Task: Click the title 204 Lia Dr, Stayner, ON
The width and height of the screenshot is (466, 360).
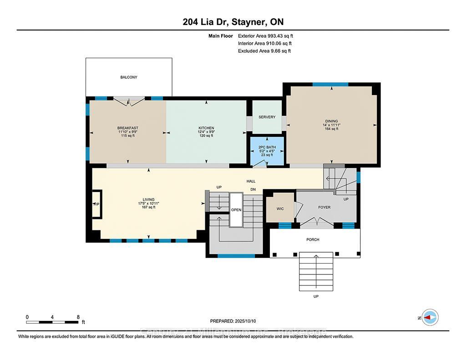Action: click(x=233, y=22)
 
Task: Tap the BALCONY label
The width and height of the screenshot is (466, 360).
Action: click(x=129, y=77)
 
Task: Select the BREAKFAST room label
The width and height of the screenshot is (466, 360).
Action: click(x=127, y=128)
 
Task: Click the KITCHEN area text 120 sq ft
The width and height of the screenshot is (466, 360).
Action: click(x=206, y=136)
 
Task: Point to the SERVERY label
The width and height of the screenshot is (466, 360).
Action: click(x=267, y=117)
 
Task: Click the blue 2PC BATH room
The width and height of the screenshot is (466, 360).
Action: click(x=267, y=151)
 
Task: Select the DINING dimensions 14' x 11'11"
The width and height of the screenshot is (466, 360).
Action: click(x=331, y=125)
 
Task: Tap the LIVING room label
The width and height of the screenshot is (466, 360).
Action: click(x=149, y=199)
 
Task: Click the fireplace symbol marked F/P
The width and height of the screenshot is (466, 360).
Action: click(x=96, y=204)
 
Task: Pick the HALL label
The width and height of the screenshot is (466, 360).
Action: click(x=251, y=181)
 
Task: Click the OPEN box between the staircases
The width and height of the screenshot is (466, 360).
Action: click(x=236, y=210)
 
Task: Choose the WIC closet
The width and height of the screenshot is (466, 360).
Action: click(x=280, y=208)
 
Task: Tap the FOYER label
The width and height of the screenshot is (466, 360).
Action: click(x=324, y=207)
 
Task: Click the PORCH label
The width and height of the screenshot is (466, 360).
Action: click(x=313, y=239)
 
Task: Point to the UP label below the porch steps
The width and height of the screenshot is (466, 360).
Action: click(x=316, y=296)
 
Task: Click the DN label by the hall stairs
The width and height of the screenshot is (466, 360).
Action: click(x=253, y=189)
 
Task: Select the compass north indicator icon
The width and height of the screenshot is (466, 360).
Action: click(x=430, y=317)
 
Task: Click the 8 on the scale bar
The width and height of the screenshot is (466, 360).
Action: click(x=78, y=317)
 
